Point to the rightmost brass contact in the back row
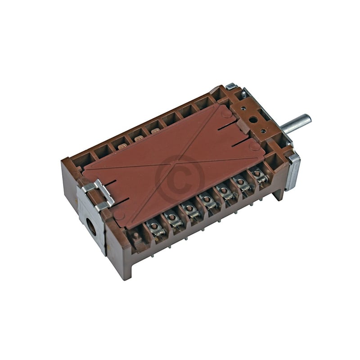coord(155,131)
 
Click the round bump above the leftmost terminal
coord(120,215)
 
